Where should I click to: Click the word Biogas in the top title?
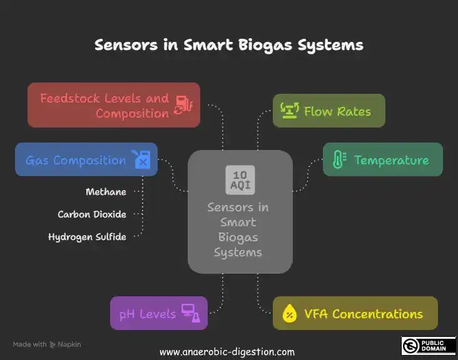click(265, 46)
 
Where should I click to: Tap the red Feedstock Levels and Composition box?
click(114, 105)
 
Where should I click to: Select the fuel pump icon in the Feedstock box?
click(184, 105)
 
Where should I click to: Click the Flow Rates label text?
click(337, 111)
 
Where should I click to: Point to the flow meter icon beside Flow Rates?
click(290, 110)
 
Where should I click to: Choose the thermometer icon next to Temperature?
click(339, 159)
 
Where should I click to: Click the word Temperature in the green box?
click(392, 160)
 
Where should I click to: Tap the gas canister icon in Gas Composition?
click(141, 159)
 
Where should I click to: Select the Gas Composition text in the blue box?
click(76, 161)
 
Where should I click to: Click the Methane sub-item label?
click(106, 192)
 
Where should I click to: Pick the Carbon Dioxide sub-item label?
click(92, 214)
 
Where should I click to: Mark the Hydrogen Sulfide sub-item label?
click(87, 237)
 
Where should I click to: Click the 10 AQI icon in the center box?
click(240, 180)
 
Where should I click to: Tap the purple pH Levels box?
click(159, 313)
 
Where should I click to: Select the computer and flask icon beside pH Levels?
click(191, 313)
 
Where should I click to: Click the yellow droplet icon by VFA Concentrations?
click(290, 313)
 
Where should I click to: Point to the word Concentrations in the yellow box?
click(378, 314)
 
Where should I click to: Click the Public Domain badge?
click(429, 346)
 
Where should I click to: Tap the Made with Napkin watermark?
click(47, 344)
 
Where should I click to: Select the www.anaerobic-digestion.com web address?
click(227, 352)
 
